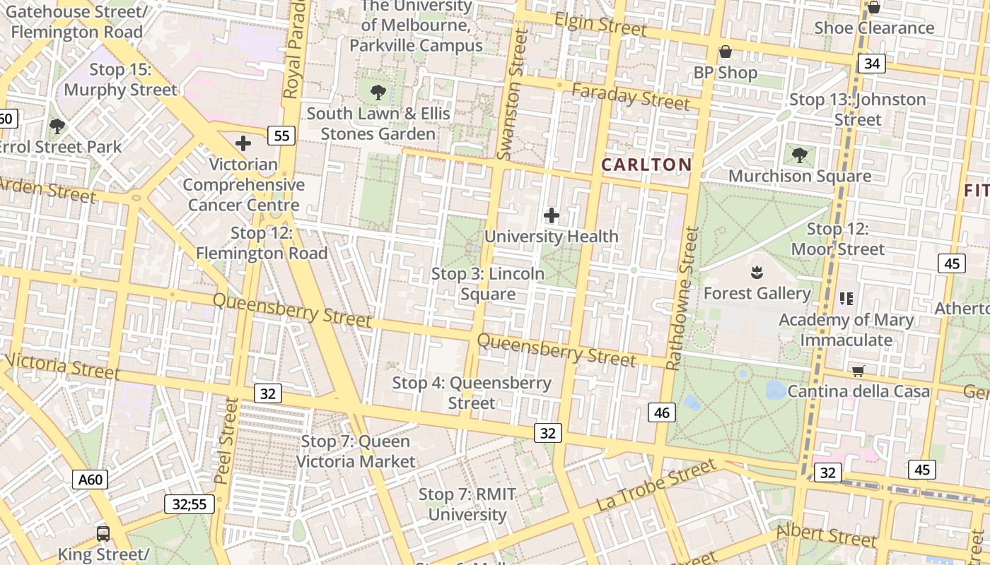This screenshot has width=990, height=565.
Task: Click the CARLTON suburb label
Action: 646,165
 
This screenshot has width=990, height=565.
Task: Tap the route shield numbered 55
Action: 281,136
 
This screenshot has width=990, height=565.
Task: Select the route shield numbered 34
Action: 872,64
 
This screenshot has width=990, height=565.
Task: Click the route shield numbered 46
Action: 662,412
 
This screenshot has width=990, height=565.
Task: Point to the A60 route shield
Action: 90,480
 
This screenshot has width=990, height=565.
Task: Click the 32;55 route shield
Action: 190,504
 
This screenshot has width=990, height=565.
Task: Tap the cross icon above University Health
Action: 552,215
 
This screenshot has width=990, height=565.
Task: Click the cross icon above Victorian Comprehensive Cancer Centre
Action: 243,143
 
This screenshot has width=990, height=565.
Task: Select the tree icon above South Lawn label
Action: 378,91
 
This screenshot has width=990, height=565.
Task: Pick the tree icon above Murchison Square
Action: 800,155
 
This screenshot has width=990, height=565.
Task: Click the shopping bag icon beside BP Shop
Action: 725,52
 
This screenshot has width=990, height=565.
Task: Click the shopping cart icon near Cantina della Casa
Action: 858,371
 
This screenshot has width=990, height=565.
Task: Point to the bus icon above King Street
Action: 103,533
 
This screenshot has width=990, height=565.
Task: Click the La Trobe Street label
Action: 656,486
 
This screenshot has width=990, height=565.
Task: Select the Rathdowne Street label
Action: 682,298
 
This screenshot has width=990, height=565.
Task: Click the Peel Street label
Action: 227,441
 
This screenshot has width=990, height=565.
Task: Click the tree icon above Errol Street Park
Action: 57,126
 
